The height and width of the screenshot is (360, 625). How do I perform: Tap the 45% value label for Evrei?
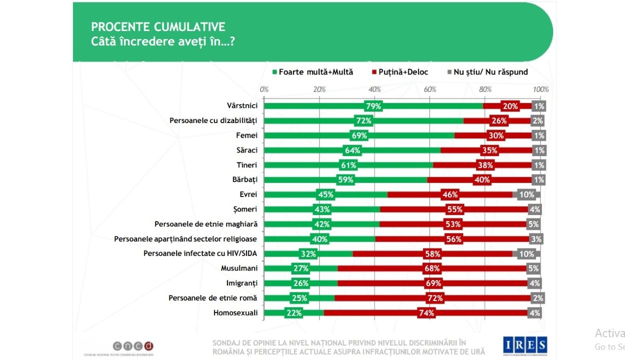(325, 194)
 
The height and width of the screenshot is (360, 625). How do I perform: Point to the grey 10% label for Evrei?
(526, 194)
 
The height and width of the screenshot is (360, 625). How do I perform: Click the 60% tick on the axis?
(429, 89)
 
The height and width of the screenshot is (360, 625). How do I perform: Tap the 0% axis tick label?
(264, 89)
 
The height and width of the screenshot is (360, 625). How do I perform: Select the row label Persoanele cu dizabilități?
(213, 120)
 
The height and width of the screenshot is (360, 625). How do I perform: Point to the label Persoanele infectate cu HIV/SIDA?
(200, 253)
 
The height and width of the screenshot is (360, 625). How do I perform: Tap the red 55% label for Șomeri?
(454, 209)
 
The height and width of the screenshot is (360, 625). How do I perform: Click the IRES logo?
(525, 344)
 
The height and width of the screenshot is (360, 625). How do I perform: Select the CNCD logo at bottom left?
(132, 345)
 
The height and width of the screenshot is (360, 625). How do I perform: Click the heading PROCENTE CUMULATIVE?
(158, 27)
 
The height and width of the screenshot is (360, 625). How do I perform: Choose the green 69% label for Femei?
(359, 135)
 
